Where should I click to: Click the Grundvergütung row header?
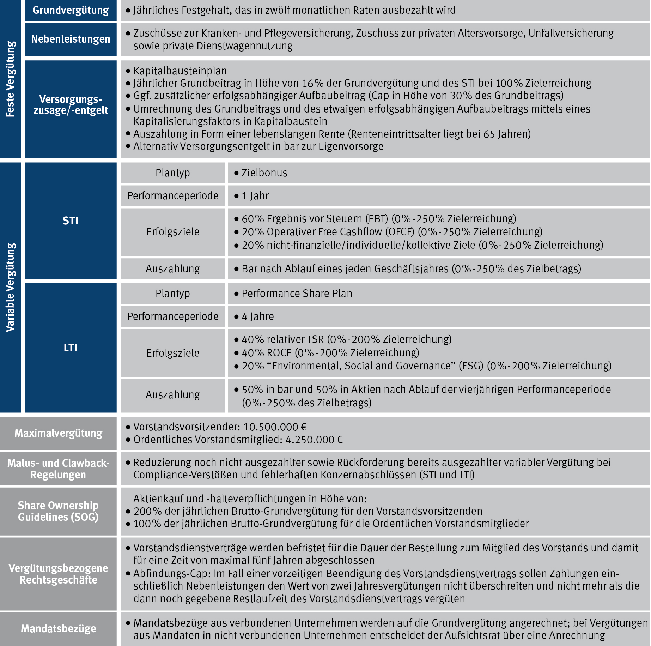[71, 10]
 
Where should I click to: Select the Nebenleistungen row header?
[71, 39]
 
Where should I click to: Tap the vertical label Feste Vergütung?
[10, 79]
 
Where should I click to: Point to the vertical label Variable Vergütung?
[10, 287]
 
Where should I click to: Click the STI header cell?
[71, 221]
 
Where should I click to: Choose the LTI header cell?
[71, 348]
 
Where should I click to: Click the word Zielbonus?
[264, 173]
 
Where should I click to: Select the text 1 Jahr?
[255, 196]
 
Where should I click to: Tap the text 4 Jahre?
[257, 316]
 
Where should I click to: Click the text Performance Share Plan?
[297, 294]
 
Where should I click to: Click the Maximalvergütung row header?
[58, 433]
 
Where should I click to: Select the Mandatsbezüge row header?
[58, 629]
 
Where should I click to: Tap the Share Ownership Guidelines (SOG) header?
[58, 511]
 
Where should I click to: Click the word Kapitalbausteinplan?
[180, 71]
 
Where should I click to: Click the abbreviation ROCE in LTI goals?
[279, 353]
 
